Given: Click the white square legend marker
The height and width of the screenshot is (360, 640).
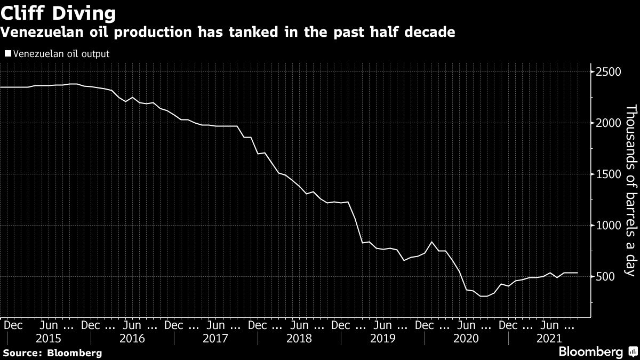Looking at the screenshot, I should [7, 53].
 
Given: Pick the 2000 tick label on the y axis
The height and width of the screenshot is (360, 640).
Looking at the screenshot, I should [607, 123].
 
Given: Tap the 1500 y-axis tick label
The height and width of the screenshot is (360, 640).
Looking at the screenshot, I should [607, 174].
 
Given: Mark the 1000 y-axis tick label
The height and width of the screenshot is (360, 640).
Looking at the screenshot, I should [607, 226].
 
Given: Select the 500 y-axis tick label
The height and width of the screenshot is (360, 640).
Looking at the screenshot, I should [605, 276].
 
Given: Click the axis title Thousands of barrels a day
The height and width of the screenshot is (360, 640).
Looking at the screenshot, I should [630, 190].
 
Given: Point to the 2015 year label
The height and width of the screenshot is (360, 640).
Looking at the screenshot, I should [49, 338].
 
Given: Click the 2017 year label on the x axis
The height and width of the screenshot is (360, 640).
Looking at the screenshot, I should [215, 338].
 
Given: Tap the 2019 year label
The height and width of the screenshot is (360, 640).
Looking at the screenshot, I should [382, 338].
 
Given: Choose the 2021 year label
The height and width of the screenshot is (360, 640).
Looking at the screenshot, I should [549, 338].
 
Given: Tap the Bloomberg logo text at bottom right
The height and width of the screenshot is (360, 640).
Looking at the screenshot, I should [590, 352].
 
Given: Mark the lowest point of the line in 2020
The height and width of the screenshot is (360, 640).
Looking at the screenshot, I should [483, 296].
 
